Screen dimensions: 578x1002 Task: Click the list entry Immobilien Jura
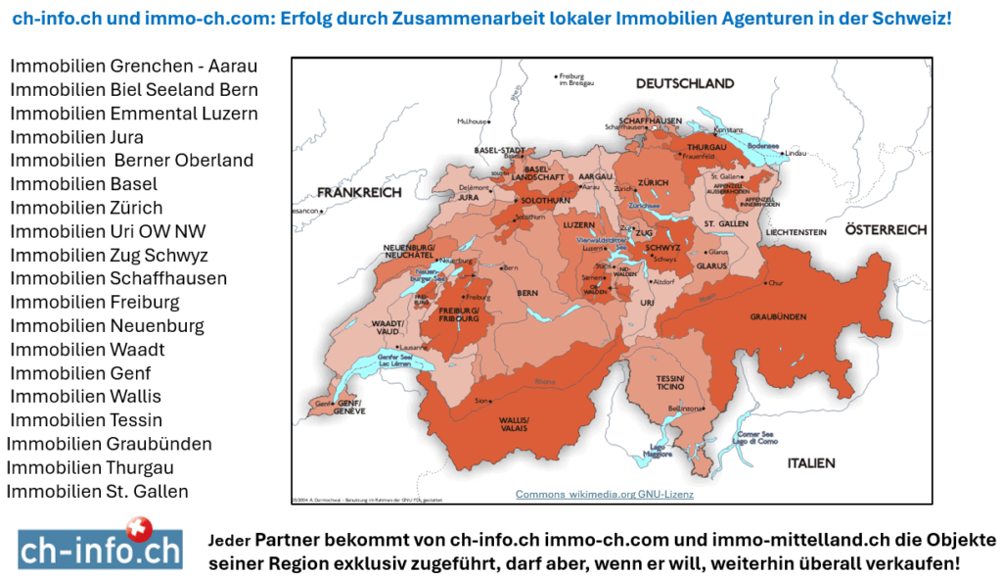pyautogui.click(x=76, y=137)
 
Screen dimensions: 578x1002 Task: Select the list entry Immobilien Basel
pyautogui.click(x=83, y=184)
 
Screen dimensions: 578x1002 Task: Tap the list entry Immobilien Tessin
pyautogui.click(x=86, y=420)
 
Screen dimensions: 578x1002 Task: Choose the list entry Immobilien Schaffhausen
pyautogui.click(x=118, y=278)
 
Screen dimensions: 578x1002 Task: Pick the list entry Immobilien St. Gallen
pyautogui.click(x=97, y=491)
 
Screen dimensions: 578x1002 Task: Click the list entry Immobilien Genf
pyautogui.click(x=80, y=373)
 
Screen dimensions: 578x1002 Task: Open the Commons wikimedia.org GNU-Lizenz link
pyautogui.click(x=605, y=495)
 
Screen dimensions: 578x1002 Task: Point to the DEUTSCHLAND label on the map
pyautogui.click(x=685, y=83)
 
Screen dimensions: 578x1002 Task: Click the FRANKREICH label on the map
pyautogui.click(x=359, y=193)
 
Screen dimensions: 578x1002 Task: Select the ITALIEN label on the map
pyautogui.click(x=808, y=461)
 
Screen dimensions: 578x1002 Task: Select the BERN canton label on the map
pyautogui.click(x=527, y=293)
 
